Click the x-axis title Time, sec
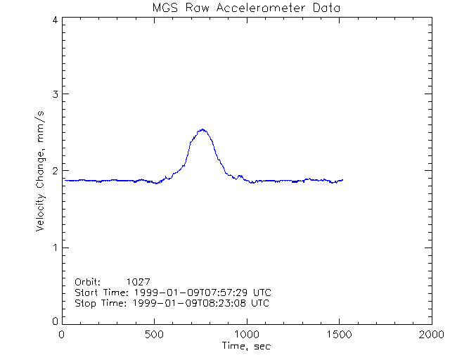coord(246,346)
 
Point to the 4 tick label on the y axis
coord(54,20)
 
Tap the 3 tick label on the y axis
coord(54,94)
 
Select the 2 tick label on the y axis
coord(54,171)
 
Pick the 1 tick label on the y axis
coord(54,247)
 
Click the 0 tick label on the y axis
coord(54,321)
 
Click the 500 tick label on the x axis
coord(155,335)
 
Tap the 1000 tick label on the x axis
coord(247,335)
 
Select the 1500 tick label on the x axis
coord(339,335)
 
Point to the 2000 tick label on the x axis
coord(431,335)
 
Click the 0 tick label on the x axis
coord(63,335)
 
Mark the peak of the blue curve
coord(202,129)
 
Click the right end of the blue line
coord(342,180)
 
